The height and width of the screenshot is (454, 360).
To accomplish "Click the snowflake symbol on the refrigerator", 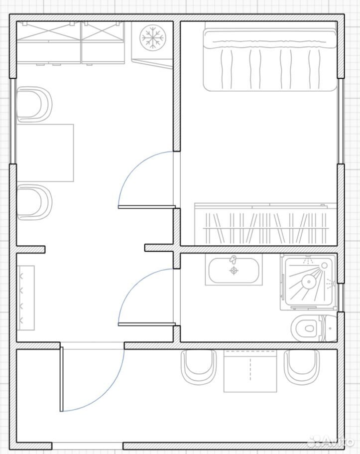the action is pos(150,37).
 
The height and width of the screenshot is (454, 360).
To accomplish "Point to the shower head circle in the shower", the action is pos(309,281).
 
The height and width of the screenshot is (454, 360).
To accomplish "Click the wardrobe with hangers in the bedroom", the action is pos(266,224).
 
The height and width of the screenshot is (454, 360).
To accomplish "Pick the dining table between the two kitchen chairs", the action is pos(45,153).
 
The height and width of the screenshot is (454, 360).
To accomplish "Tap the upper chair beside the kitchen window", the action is pos(34,105).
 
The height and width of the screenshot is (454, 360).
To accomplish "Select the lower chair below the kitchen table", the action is pos(34,202).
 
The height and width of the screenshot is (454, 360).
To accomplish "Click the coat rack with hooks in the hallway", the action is pos(26,298).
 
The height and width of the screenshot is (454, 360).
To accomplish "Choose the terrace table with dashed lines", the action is pos(250,371).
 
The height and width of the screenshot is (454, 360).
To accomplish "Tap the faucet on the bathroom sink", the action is pos(233,259).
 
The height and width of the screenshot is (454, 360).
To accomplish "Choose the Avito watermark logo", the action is pos(331,442).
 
